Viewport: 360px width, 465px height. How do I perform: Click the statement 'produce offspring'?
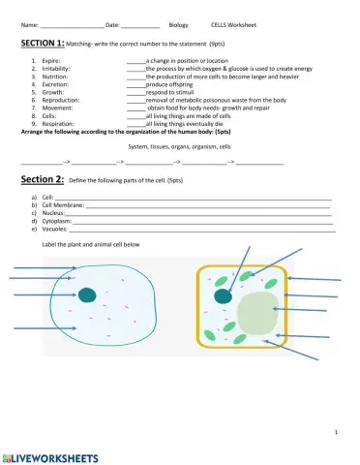(168, 84)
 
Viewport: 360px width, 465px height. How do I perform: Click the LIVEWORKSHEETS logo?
(50, 454)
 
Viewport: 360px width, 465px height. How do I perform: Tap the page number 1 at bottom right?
(334, 431)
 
